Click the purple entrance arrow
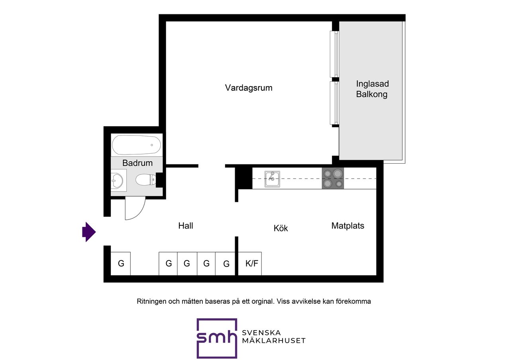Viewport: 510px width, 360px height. [x=89, y=232]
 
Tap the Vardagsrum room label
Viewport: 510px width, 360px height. [x=249, y=88]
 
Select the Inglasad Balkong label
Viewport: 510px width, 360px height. [x=372, y=89]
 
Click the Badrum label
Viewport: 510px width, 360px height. [x=137, y=163]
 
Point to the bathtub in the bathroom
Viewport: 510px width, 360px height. [x=136, y=145]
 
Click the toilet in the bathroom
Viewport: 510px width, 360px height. [x=146, y=180]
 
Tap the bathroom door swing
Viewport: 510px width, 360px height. [x=135, y=208]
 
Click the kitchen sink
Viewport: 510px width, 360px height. [x=272, y=179]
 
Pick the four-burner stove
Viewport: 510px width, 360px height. [x=333, y=178]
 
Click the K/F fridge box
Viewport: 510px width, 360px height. [x=250, y=264]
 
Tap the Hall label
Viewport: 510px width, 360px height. [x=186, y=226]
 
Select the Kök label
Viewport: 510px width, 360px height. [x=280, y=228]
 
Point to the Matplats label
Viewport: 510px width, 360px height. [x=348, y=226]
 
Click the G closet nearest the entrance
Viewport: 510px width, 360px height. [x=121, y=264]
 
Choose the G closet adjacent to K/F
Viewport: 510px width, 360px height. [x=225, y=264]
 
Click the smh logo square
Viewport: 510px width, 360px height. [x=217, y=338]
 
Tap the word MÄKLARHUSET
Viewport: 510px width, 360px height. [x=274, y=340]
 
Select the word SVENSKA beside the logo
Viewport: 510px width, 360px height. [x=261, y=333]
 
